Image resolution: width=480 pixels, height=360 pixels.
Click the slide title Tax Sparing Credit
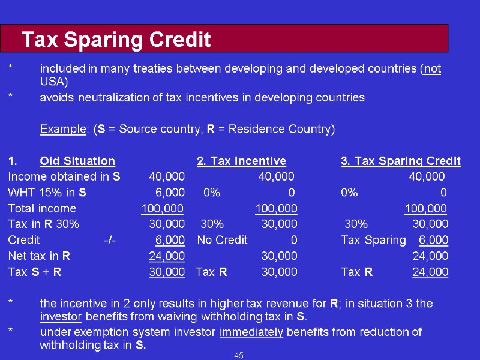(116, 40)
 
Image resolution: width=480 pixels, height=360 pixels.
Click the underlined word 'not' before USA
(432, 68)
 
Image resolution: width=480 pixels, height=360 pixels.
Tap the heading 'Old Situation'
(77, 161)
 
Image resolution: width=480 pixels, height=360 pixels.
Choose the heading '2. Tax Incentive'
(241, 161)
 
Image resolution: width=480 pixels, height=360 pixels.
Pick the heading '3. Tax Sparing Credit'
(400, 161)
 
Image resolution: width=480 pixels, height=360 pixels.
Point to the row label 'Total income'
(42, 208)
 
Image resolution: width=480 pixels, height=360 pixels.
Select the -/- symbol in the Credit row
(110, 240)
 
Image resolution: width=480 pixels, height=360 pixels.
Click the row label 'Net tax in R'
(39, 256)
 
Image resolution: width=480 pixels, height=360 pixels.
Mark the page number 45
(239, 356)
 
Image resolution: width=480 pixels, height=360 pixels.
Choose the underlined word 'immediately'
(251, 332)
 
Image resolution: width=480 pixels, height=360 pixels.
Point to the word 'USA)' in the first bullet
(54, 82)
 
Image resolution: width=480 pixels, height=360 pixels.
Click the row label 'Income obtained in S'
(64, 176)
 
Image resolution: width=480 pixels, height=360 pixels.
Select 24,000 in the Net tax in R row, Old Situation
(167, 256)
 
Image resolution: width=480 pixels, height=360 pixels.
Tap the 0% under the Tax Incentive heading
(212, 193)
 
